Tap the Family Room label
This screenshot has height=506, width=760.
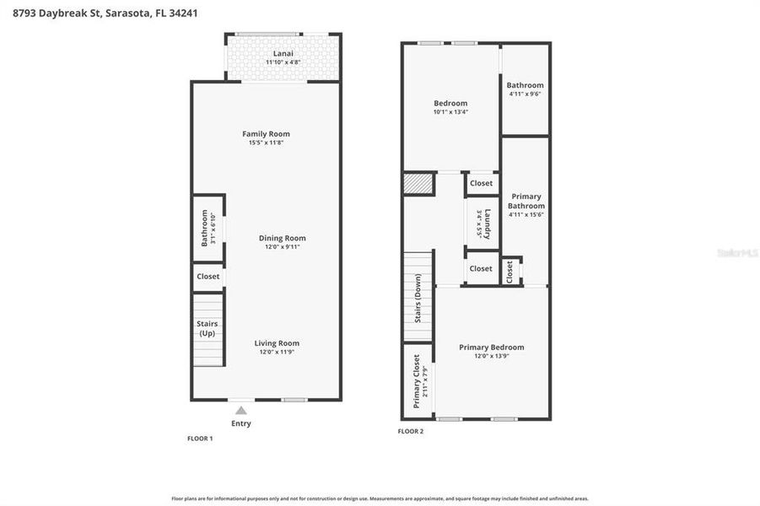(266, 134)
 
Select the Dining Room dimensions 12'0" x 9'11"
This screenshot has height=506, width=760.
(282, 247)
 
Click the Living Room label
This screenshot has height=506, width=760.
(277, 343)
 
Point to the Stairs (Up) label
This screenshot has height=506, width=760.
(208, 328)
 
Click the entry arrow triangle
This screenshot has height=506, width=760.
(240, 410)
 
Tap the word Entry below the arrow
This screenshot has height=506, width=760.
(240, 423)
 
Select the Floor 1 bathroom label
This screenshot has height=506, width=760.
(204, 229)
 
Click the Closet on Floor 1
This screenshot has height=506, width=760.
(208, 277)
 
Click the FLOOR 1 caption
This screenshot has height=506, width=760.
(200, 439)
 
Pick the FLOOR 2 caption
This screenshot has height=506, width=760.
(411, 431)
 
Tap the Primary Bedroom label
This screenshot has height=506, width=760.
(491, 347)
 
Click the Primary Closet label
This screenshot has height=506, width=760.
(417, 381)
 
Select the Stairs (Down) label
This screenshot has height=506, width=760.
(418, 298)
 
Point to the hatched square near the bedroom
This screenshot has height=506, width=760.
(418, 183)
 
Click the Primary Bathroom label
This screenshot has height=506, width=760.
(526, 201)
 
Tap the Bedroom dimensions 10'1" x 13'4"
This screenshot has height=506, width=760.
(450, 112)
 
